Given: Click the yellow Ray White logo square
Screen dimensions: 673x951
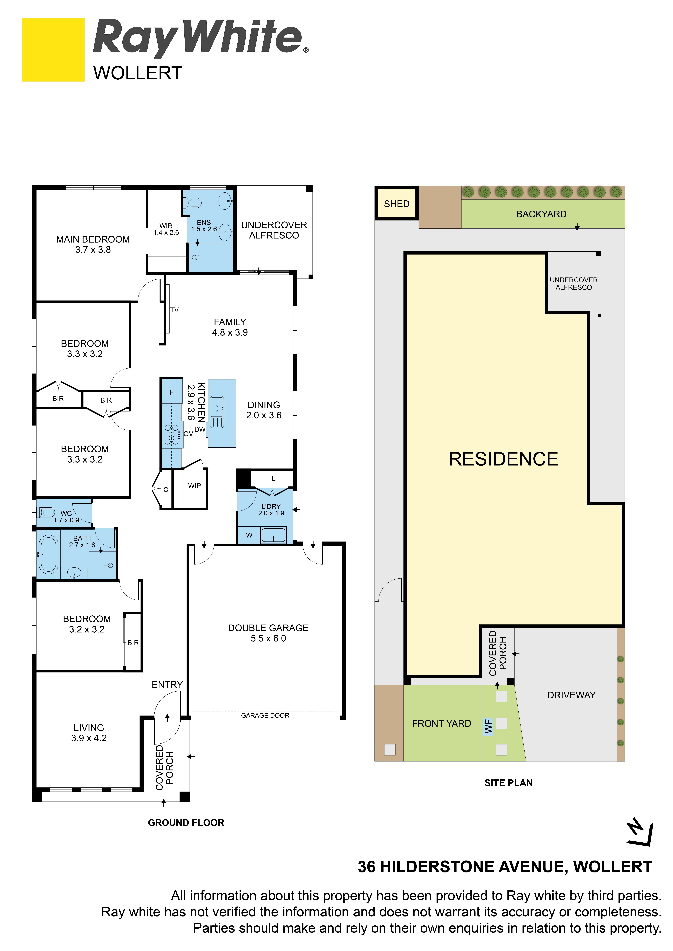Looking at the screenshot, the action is click(x=53, y=50).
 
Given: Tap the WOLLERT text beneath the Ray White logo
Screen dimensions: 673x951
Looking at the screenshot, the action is click(x=138, y=73).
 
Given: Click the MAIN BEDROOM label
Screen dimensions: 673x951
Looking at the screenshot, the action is click(x=93, y=239).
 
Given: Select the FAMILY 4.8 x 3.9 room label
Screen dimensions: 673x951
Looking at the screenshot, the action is click(x=230, y=327).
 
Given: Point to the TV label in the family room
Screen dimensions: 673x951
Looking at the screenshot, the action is click(x=174, y=310).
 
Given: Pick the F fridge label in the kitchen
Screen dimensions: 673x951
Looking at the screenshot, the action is click(x=171, y=392).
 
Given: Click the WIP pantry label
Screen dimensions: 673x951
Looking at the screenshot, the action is click(x=194, y=485).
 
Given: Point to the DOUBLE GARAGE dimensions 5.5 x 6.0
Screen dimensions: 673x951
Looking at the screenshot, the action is click(x=268, y=638).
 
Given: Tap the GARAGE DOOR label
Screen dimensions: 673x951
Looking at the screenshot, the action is click(x=265, y=715).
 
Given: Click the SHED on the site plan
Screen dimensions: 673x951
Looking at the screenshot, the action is click(x=397, y=203).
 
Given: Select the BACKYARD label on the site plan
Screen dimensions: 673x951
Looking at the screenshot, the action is click(x=541, y=214).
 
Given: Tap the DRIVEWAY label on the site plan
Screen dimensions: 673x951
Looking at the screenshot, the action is click(x=571, y=695).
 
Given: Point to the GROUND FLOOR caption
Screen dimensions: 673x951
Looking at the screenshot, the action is click(x=186, y=823).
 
